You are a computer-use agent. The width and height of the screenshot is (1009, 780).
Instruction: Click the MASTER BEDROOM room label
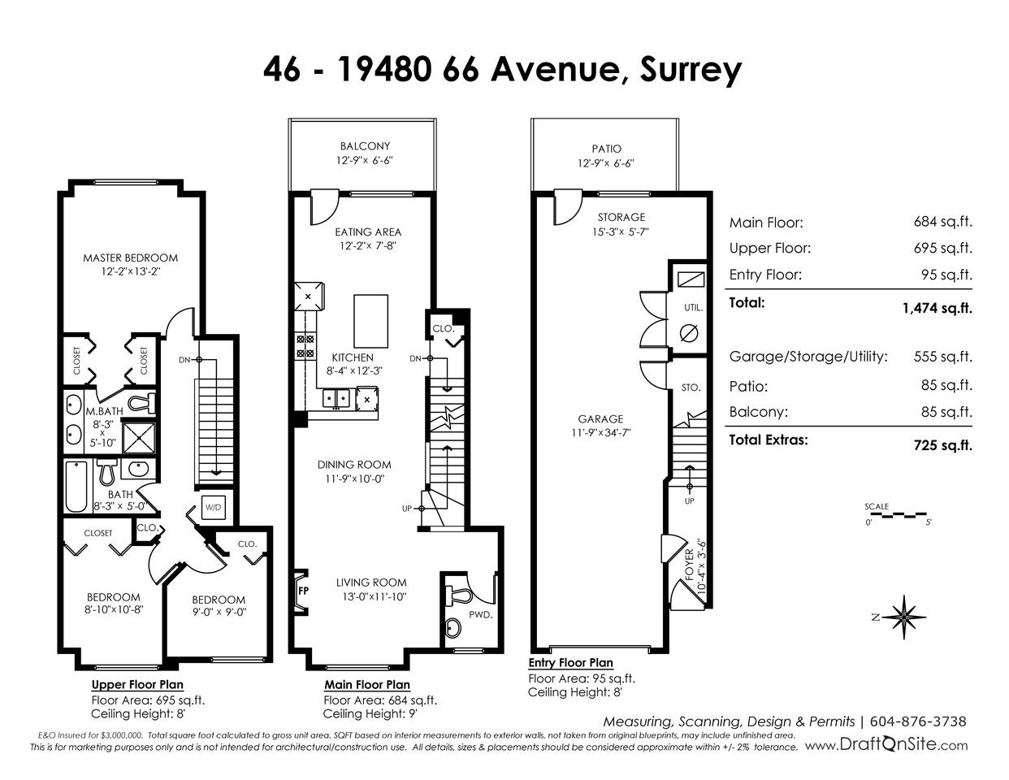131,258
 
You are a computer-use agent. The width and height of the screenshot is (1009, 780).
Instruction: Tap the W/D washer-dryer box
213,508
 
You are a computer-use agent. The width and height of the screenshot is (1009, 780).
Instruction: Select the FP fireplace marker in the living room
303,591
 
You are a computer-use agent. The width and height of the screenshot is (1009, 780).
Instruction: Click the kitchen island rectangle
370,321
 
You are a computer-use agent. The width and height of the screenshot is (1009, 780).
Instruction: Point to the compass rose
903,617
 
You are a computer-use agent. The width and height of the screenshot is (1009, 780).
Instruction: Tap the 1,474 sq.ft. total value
937,308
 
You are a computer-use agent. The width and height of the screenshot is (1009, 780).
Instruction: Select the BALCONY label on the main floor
365,146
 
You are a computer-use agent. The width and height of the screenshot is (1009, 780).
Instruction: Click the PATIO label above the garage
606,149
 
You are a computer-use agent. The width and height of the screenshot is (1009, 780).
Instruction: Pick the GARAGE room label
600,419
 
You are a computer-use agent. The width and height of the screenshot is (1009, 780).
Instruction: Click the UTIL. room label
693,308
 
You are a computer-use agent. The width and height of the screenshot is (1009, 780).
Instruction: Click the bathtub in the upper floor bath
76,486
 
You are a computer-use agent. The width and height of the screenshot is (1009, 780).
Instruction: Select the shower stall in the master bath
138,437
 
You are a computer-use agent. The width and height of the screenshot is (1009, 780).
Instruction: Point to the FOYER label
689,565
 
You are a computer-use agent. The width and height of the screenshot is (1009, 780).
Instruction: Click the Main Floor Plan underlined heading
367,685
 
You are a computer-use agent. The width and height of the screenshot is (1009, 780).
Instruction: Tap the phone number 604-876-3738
917,721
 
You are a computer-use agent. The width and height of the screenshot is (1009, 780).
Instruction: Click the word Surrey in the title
691,71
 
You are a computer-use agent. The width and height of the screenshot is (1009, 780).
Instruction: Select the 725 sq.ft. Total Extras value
942,445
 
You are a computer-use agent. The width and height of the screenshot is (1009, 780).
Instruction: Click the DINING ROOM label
354,465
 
